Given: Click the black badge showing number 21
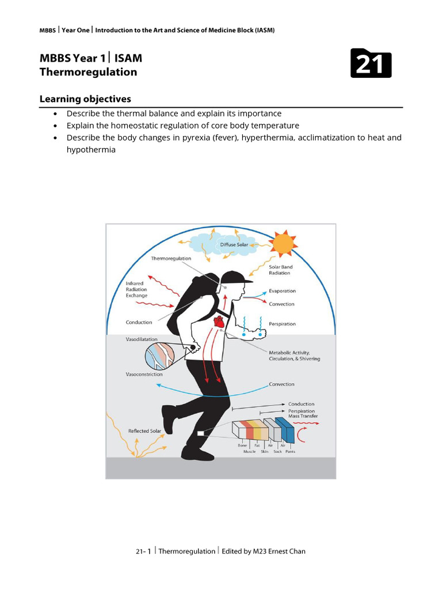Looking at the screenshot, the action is point(371,63).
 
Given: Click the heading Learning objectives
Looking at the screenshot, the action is point(85,99).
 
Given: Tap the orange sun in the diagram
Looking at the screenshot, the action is point(283,244).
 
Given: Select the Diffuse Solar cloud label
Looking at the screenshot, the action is point(234,245).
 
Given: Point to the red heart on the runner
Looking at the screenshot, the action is point(219,321).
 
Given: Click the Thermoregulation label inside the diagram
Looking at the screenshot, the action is point(171,259).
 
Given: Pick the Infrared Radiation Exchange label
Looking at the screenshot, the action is point(136,290).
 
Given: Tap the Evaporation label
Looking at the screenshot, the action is point(282,292).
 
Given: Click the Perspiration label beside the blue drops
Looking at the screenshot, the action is point(282,324).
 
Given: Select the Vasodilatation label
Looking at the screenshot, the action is point(142,339).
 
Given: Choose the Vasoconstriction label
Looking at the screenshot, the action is point(143,375).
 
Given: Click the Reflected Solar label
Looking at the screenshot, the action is point(144,431).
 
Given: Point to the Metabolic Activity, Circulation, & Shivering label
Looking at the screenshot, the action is point(294,355).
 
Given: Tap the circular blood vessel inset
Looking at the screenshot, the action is point(159,355).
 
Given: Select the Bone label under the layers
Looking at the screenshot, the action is point(242,445).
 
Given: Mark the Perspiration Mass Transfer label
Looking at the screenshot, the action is point(303,414).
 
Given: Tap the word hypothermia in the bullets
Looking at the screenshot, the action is point(91,150).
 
